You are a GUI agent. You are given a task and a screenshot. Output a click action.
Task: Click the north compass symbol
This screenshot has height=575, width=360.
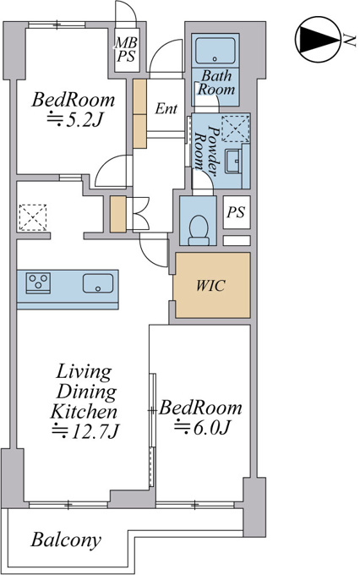tap(318, 39)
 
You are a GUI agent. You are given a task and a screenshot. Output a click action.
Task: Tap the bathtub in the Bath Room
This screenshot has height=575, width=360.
tap(215, 51)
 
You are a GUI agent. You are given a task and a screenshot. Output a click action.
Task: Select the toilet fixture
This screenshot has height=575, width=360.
tap(199, 230)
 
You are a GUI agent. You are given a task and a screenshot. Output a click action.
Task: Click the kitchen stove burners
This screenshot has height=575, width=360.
tap(38, 283)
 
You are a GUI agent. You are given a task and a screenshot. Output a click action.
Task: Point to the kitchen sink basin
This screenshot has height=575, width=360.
tap(98, 283)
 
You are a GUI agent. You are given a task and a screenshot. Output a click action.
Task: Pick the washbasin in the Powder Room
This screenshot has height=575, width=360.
tap(233, 161)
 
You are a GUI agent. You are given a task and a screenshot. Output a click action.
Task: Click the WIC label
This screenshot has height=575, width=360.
tap(210, 285)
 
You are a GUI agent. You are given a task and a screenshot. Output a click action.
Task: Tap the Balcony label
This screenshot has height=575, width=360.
tap(66, 540)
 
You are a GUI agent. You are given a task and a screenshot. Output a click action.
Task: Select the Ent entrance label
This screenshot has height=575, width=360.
tap(166, 108)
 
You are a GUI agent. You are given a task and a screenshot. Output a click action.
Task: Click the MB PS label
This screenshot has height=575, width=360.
tap(126, 49)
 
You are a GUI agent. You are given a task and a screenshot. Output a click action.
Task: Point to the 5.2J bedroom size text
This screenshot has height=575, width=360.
tap(74, 119)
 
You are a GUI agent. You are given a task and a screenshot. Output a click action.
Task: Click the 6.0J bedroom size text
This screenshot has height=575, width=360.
tap(202, 427)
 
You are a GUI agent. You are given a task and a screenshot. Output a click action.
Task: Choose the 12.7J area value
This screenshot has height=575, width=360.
tap(86, 431)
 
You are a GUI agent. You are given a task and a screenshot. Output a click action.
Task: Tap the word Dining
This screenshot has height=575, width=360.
tap(87, 392)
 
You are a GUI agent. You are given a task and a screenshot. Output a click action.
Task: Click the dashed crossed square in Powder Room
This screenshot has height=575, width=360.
tap(236, 129)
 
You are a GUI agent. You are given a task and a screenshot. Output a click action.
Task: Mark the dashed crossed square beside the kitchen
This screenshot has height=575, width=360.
tap(33, 217)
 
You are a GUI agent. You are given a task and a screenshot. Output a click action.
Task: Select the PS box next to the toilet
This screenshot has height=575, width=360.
tap(237, 212)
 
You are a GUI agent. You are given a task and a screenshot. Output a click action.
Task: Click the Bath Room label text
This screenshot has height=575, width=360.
tap(216, 83)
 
